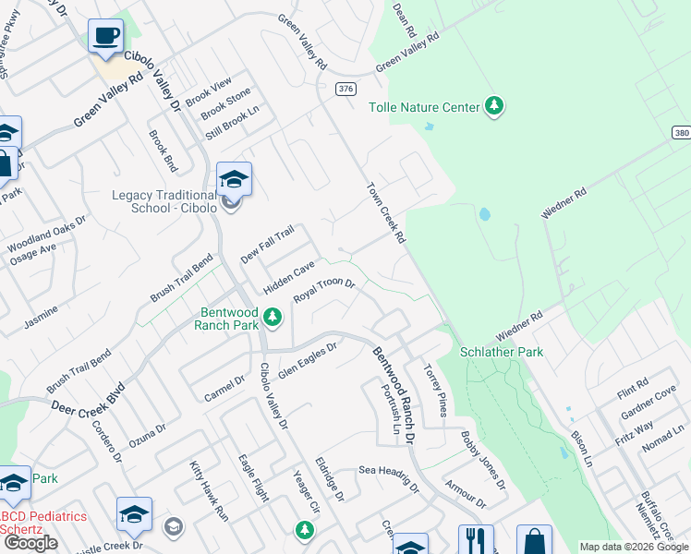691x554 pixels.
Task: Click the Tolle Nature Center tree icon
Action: (495, 107)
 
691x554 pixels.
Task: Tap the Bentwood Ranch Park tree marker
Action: (273, 318)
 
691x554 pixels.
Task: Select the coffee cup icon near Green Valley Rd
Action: (105, 37)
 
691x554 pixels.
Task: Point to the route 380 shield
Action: (681, 133)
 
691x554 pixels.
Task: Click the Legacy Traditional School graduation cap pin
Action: (234, 179)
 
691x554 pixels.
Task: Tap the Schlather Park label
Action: (503, 352)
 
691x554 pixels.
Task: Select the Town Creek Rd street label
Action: (386, 212)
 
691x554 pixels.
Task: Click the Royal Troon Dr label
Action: (324, 291)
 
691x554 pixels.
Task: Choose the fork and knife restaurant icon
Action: (476, 540)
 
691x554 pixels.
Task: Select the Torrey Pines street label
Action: (434, 389)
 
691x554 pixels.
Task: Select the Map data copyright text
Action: (635, 547)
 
